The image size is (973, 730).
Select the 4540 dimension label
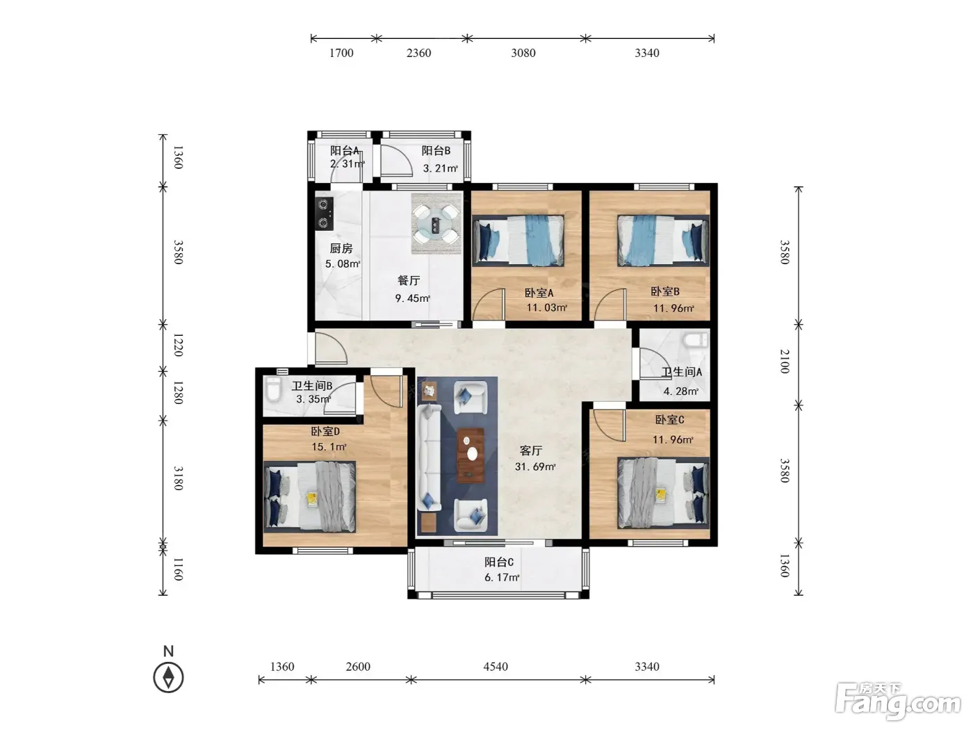pos(495,666)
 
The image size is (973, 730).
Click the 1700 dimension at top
pos(341,53)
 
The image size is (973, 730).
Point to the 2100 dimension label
pos(785,362)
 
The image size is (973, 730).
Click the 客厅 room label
pos(530,451)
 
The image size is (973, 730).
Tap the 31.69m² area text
pos(535,467)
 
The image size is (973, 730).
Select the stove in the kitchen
pos(324,214)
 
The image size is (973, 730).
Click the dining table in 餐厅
pos(436,223)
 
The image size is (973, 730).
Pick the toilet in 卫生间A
pos(696,340)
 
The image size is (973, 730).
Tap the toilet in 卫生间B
pos(274,389)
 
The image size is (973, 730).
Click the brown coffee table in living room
pos(471,455)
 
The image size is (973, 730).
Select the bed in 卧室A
pos(518,241)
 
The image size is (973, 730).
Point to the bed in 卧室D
pos(310,497)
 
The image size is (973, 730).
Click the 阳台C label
pos(499,562)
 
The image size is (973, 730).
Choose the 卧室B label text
pos(665,291)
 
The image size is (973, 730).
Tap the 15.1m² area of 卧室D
pos(329,446)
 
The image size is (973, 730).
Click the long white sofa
pos(429,459)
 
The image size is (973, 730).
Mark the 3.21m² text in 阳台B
pos(440,168)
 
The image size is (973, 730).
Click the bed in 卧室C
pos(664,494)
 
